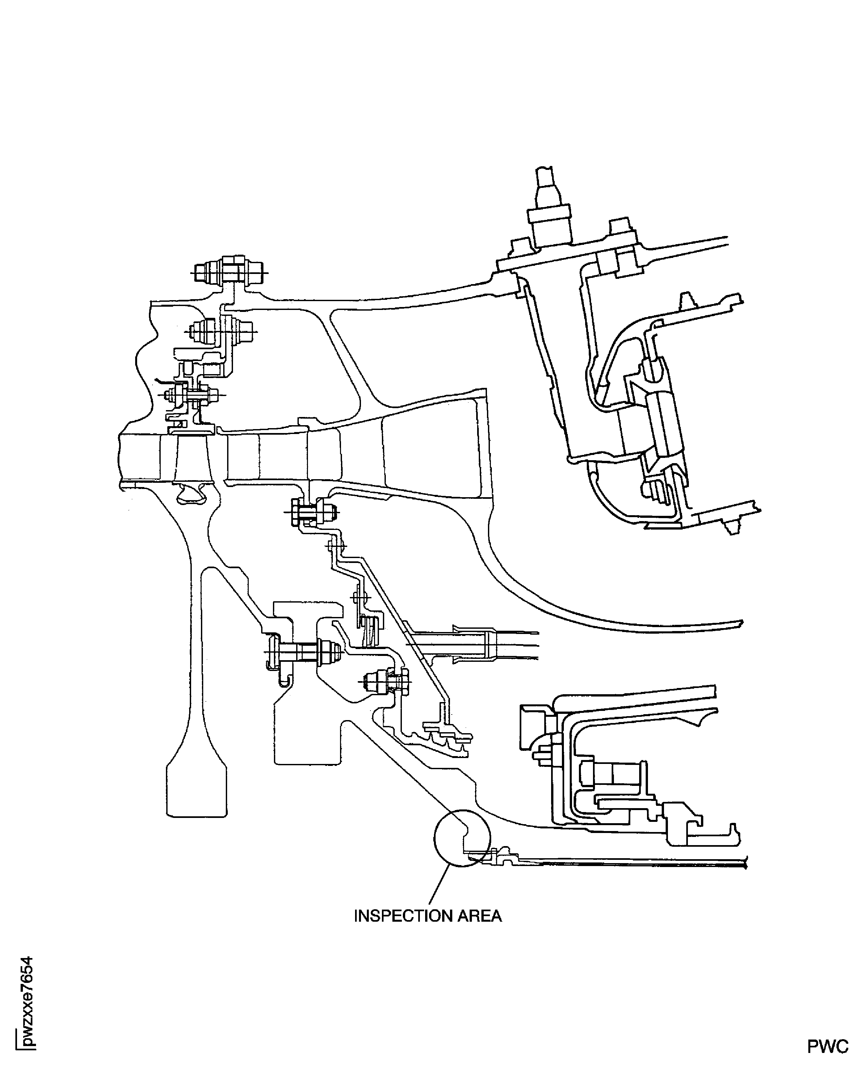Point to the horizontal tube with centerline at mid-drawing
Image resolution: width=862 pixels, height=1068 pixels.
[x=472, y=645]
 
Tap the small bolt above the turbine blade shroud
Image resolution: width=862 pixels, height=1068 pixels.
[x=191, y=395]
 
